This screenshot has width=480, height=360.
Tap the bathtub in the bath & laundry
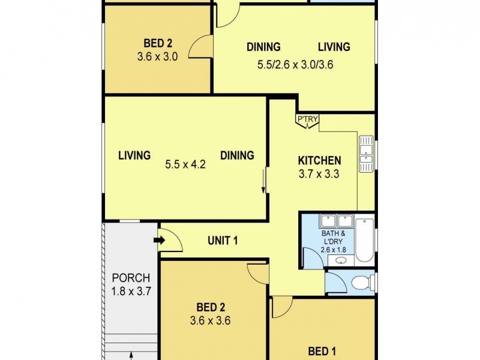pyautogui.click(x=364, y=241)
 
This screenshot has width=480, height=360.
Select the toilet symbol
pyautogui.click(x=360, y=281)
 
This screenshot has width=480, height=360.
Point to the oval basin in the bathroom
pyautogui.click(x=341, y=260)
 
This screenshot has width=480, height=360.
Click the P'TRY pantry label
pyautogui.click(x=307, y=120)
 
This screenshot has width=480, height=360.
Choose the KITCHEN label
pyautogui.click(x=320, y=161)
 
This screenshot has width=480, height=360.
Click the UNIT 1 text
pyautogui.click(x=223, y=241)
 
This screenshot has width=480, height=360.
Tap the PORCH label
pyautogui.click(x=131, y=278)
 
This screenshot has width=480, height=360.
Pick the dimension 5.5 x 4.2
pyautogui.click(x=185, y=164)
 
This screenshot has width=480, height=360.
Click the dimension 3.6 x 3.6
pyautogui.click(x=210, y=320)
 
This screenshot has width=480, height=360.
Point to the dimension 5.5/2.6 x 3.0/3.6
pyautogui.click(x=298, y=67)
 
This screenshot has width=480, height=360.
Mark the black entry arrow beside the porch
pyautogui.click(x=159, y=241)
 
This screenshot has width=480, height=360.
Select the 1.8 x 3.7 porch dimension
pyautogui.click(x=131, y=292)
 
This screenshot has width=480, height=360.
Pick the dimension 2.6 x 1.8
pyautogui.click(x=334, y=250)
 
